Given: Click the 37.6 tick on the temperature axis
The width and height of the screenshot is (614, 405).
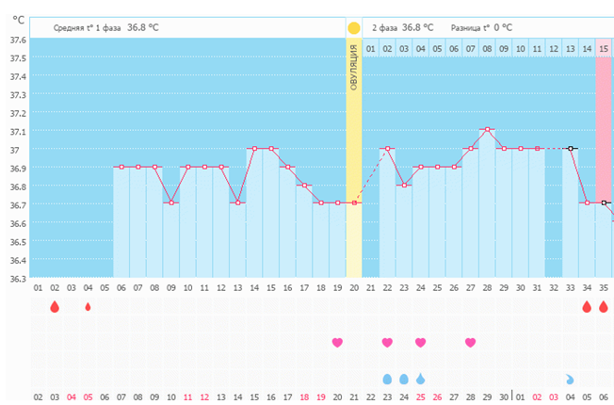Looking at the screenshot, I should tap(17, 40).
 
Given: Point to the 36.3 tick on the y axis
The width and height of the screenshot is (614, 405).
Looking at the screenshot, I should tap(17, 278).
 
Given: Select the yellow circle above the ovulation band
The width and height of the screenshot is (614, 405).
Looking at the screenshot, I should tap(354, 28).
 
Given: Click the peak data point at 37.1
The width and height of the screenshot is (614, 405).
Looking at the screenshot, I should tap(487, 130).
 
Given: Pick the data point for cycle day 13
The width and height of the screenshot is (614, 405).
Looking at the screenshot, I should tap(237, 202).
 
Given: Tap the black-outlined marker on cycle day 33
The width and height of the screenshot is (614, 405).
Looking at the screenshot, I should tap(571, 148).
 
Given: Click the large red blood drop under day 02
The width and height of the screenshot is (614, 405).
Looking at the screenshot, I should tap(55, 307).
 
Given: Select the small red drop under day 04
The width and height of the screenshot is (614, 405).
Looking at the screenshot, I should tap(88, 307).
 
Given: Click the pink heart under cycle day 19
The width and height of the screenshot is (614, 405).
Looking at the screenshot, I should tap(337, 342).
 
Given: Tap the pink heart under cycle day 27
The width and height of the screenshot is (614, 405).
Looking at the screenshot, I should tap(471, 342).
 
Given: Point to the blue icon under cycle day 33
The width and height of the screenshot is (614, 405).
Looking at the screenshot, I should tap(570, 379).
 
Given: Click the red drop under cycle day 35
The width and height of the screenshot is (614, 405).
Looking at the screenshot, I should tap(604, 307).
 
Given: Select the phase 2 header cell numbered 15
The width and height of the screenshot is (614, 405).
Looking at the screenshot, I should tap(604, 48).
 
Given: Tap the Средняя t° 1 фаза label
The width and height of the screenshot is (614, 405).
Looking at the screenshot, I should tap(89, 28).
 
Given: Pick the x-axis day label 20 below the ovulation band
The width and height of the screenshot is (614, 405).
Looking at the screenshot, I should tap(354, 287).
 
